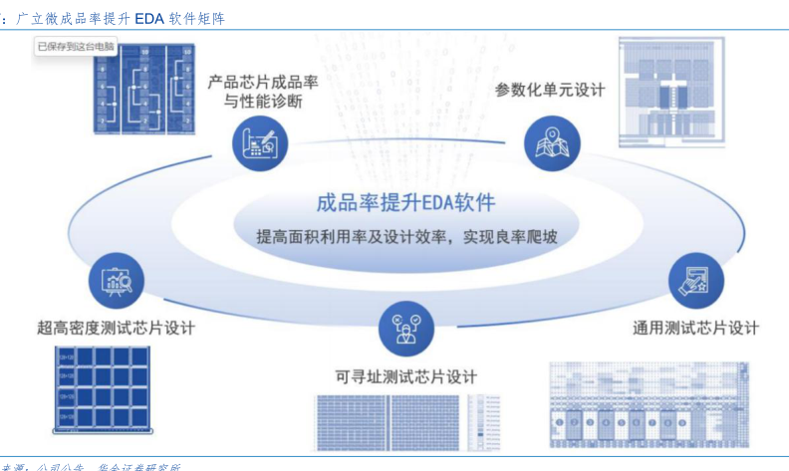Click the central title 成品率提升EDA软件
tap(404, 203)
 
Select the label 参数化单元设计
tap(550, 90)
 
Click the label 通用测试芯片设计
tap(696, 328)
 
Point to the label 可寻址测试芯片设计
tap(406, 376)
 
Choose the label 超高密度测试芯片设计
tap(116, 328)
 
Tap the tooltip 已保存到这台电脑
tap(76, 46)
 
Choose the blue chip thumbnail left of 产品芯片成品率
tap(141, 91)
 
